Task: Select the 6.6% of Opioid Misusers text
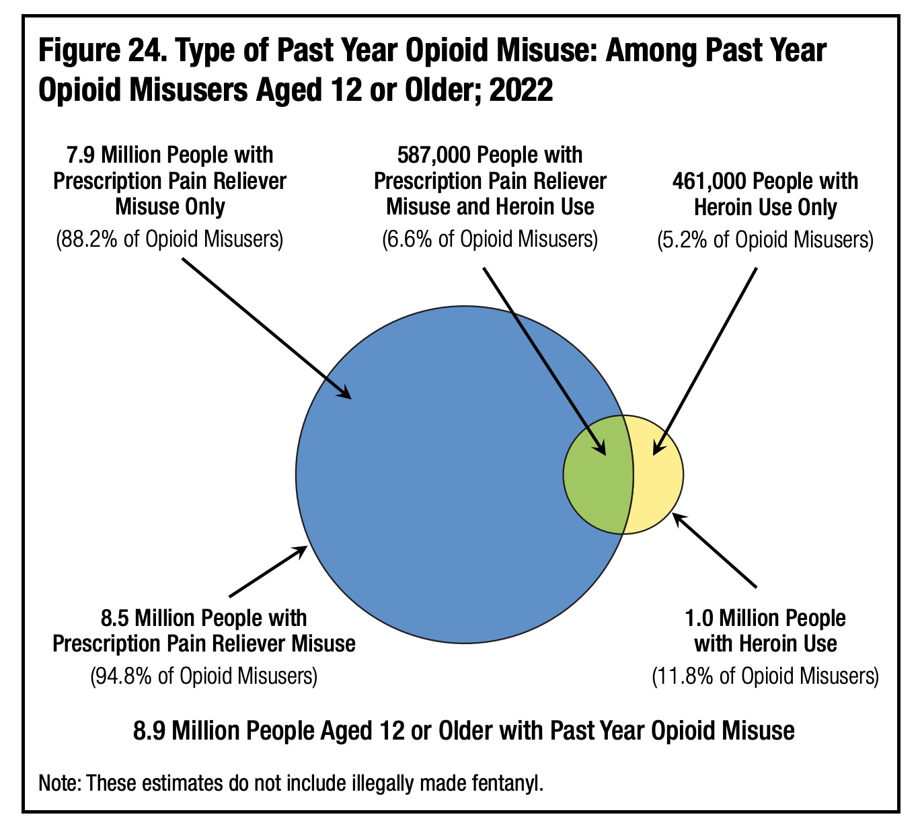click(490, 239)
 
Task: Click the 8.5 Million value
click(143, 618)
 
